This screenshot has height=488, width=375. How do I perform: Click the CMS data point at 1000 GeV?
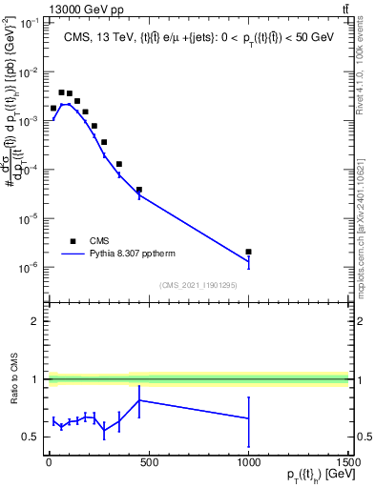pos(248,252)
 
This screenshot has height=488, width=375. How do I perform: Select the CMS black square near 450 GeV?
pos(138,190)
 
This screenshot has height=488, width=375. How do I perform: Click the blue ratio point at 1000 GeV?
pos(248,418)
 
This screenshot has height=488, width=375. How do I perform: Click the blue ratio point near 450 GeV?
pos(138,400)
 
